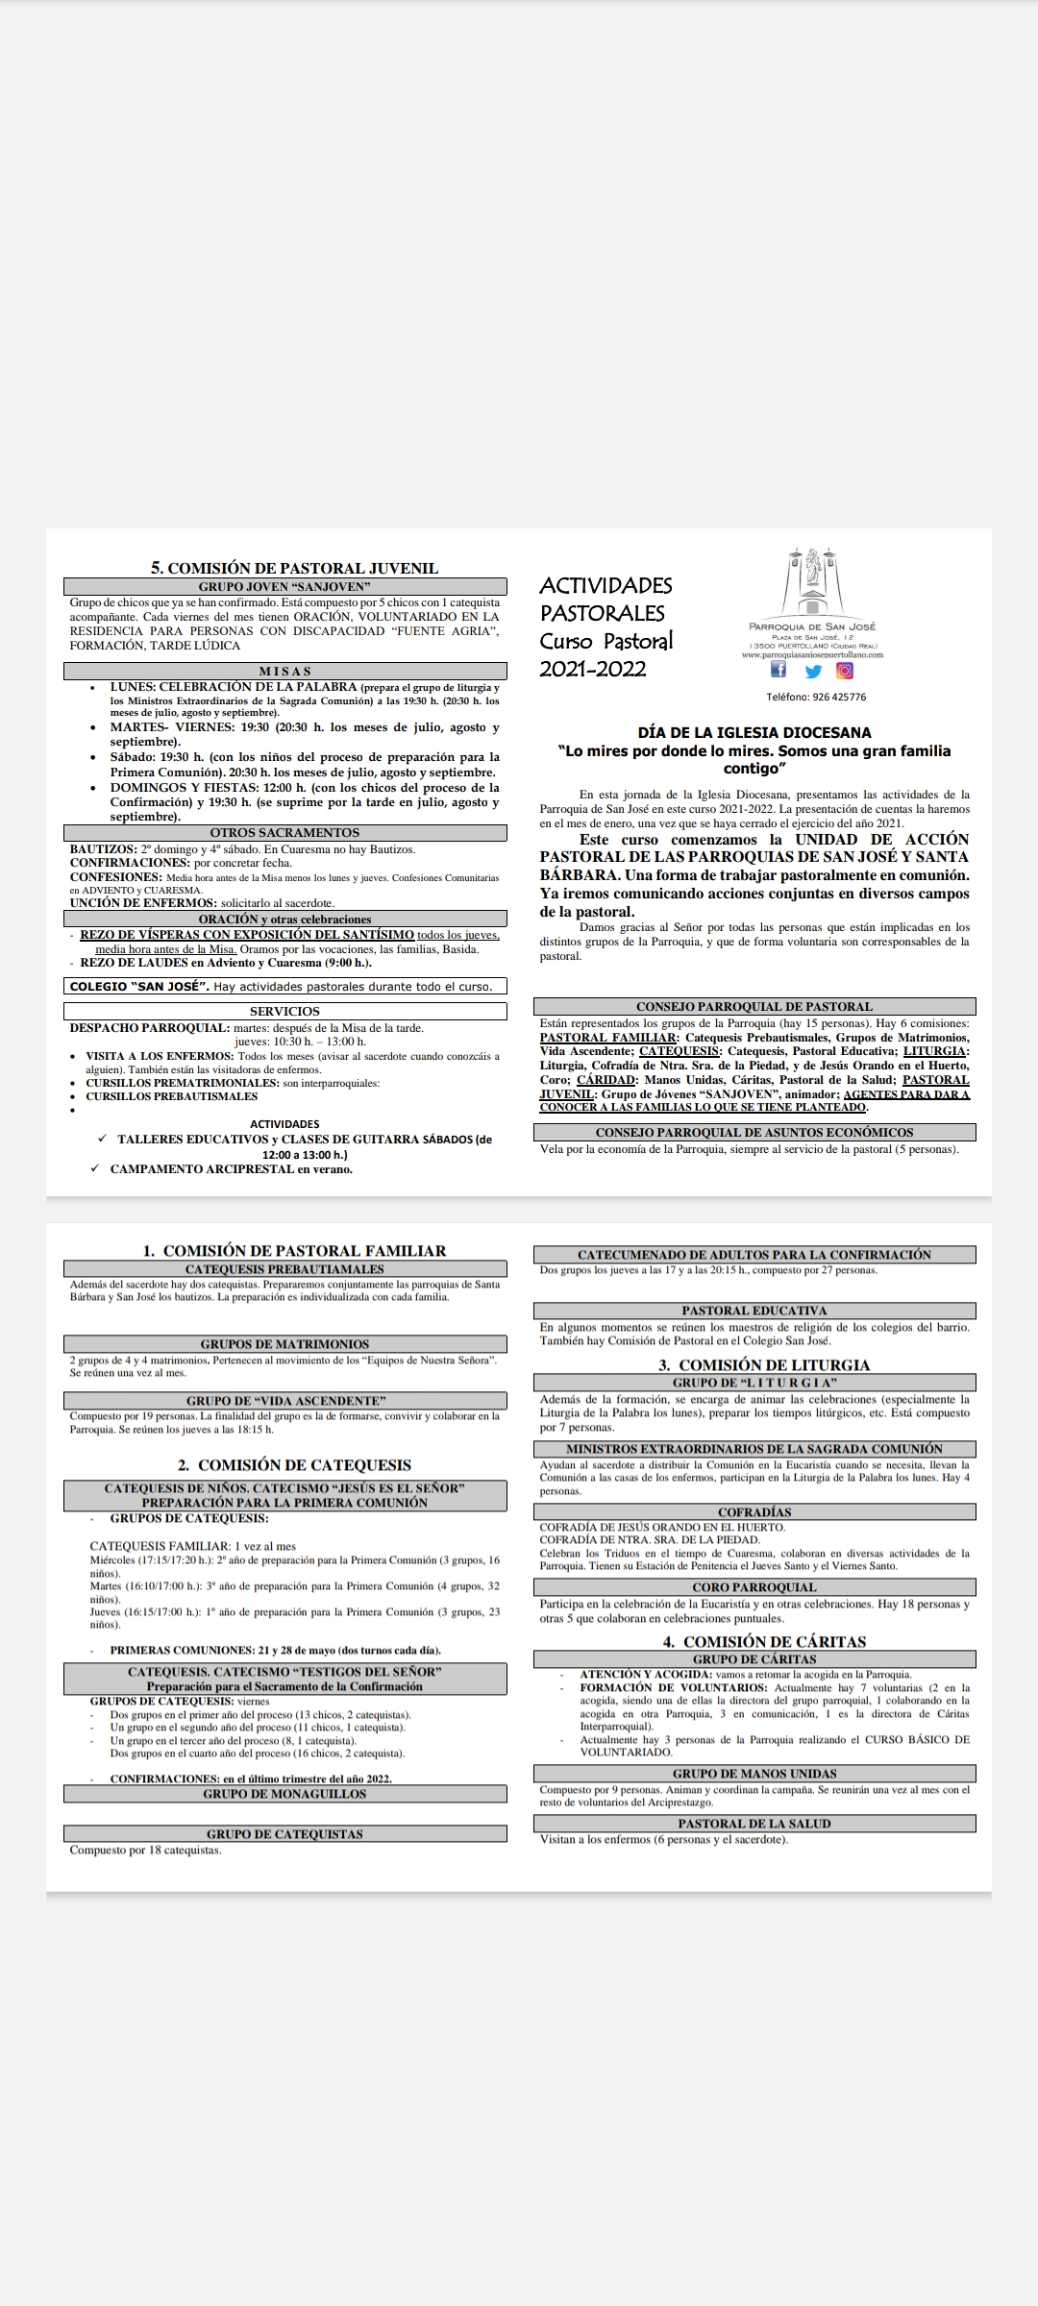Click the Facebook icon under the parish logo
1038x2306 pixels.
(x=778, y=671)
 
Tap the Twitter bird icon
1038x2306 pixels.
(x=813, y=672)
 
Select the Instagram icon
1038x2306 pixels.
(x=845, y=671)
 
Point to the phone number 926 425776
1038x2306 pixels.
(x=815, y=698)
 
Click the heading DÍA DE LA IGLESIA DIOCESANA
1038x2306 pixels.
(x=754, y=732)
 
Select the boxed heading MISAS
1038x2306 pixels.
(x=284, y=671)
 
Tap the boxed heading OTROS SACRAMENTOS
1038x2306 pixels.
(x=284, y=833)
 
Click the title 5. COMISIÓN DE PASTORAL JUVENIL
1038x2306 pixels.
(x=294, y=568)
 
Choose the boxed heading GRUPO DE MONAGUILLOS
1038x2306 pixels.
(x=284, y=1794)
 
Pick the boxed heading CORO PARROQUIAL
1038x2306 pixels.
(x=754, y=1587)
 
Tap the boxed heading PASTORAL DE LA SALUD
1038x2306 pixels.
(x=754, y=1824)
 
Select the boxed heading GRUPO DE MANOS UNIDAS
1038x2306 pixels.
(x=754, y=1774)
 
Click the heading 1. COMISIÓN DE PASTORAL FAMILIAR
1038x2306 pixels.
(x=294, y=1250)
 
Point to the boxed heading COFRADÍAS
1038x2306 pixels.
(x=754, y=1512)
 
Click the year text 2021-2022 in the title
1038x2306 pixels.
(x=592, y=669)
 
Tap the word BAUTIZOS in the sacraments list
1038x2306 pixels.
(x=103, y=849)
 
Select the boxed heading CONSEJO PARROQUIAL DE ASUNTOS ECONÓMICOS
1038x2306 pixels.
(x=754, y=1133)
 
